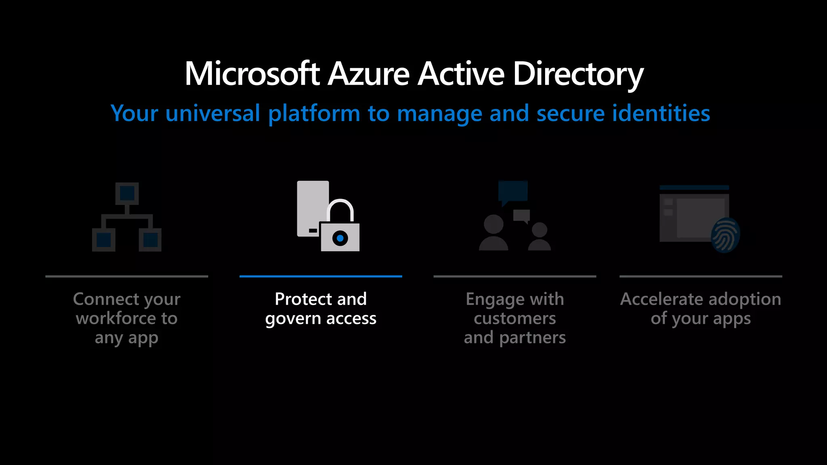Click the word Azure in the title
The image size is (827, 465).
coord(369,74)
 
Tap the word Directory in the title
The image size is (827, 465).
coord(578,75)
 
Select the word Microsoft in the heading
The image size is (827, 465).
coord(252,74)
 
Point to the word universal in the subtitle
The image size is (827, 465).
coord(212,113)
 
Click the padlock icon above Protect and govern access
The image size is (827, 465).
coord(340,228)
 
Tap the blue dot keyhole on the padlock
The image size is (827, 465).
coord(340,238)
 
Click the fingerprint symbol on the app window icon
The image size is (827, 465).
coord(725,235)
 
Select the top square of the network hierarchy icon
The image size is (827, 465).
coord(127,193)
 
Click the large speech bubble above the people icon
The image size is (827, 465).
coord(513,191)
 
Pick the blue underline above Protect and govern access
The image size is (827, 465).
coord(321,276)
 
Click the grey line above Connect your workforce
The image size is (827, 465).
coord(127,276)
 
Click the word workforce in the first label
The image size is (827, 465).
coord(116,318)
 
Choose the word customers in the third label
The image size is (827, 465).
coord(515,318)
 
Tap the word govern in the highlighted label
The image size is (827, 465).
coord(293,319)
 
